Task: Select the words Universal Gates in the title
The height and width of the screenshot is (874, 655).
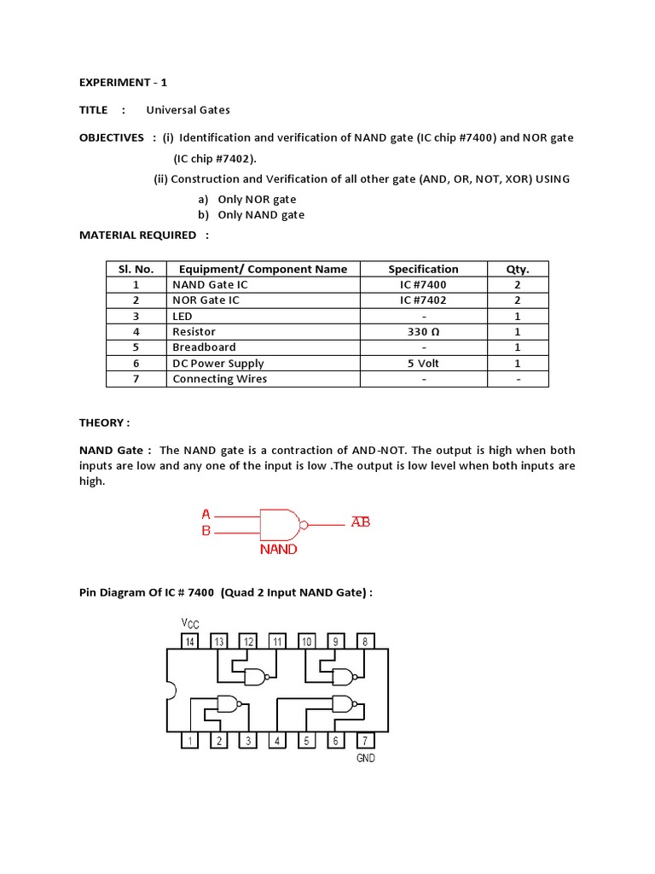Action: [188, 110]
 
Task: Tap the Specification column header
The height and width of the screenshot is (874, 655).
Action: [423, 269]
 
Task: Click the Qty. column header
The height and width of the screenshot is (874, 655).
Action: [517, 269]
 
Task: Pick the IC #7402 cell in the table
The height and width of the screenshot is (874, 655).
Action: [423, 300]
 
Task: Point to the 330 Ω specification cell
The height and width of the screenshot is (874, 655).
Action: [423, 332]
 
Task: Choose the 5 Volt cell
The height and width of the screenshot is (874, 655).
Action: [423, 364]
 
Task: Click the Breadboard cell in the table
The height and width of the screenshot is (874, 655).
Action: [204, 347]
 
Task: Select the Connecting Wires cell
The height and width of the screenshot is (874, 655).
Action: [219, 379]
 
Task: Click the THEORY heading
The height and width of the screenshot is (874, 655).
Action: [104, 422]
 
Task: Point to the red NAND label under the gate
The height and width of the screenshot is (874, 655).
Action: [278, 550]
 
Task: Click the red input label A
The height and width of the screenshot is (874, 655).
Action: [206, 515]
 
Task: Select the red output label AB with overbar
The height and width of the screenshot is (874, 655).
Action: [361, 521]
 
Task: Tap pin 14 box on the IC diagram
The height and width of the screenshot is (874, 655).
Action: [189, 641]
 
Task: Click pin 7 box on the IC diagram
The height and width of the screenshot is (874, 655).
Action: [365, 741]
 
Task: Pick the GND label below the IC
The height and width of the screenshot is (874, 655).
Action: [365, 758]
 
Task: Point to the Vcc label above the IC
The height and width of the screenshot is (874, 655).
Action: [189, 624]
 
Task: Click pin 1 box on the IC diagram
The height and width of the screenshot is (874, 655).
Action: [189, 741]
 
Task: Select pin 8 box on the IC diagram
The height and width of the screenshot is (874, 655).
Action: [365, 641]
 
